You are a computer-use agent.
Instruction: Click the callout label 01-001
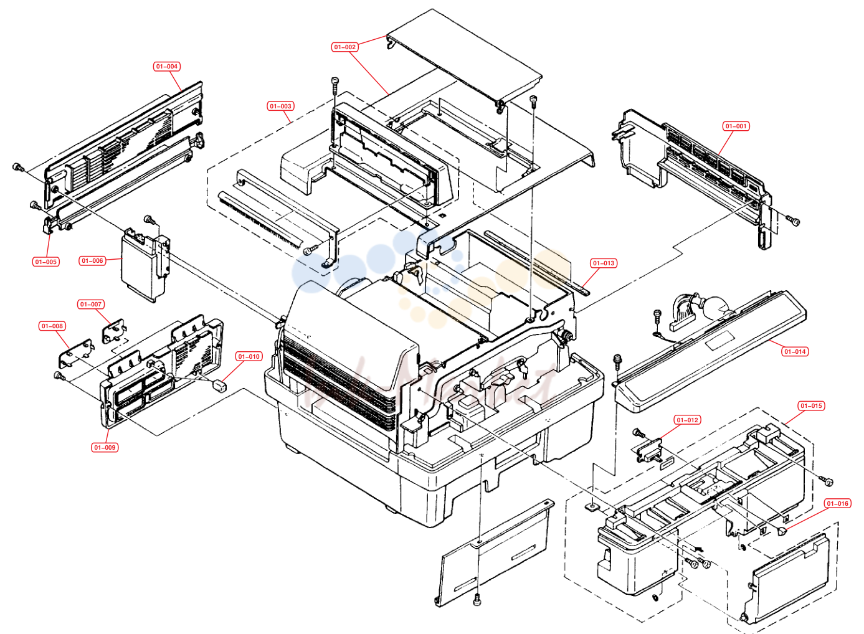736,126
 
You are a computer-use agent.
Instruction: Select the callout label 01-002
344,47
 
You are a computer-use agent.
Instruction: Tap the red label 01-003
280,106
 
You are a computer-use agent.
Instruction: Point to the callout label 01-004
166,67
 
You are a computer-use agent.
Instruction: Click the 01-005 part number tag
46,262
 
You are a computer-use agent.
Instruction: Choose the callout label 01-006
92,261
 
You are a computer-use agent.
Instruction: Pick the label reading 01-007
91,305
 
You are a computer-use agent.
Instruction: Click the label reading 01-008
52,326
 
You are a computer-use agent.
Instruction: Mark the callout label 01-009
105,447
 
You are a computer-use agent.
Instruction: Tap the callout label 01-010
249,356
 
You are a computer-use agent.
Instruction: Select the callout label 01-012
687,420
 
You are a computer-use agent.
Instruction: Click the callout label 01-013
604,263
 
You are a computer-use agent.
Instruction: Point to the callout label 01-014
795,351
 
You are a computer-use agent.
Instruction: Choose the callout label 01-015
811,405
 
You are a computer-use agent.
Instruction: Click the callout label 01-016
837,504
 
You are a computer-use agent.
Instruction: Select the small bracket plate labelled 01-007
114,331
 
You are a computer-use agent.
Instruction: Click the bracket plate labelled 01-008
76,353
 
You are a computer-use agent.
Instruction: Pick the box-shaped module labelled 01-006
145,266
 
